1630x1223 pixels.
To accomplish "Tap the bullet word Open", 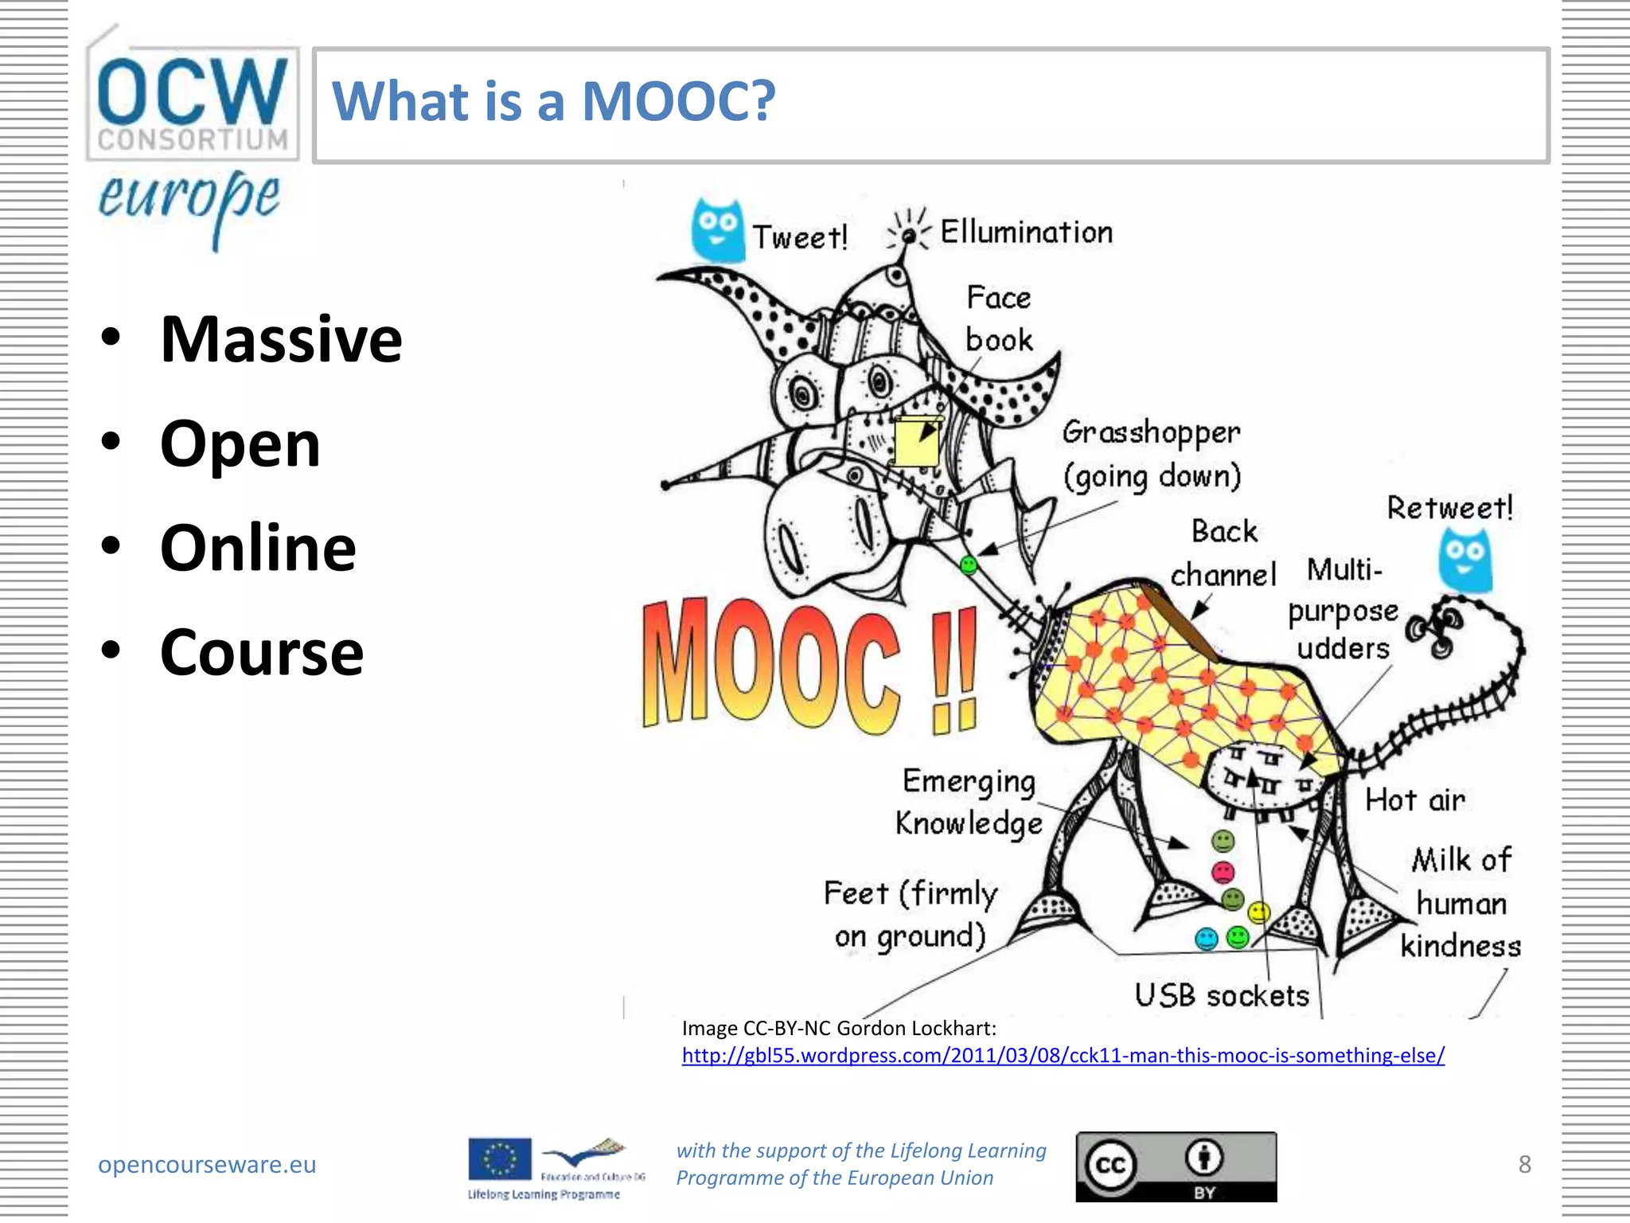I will pos(240,443).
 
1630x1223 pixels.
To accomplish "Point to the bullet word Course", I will pos(262,652).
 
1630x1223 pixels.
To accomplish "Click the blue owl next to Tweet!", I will pos(717,231).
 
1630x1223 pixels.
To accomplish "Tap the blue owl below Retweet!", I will pos(1464,561).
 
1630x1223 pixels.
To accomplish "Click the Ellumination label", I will pos(1027,232).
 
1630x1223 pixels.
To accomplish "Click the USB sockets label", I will pos(1222,995).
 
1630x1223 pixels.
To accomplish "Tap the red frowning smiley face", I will pos(1223,871).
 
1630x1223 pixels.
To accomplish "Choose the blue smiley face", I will pos(1207,940).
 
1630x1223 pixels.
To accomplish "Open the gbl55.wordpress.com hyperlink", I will pos(1063,1056).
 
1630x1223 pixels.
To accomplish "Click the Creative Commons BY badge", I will pos(1176,1166).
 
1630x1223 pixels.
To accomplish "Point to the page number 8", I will pos(1524,1164).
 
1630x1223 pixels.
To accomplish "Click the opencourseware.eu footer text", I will pos(207,1164).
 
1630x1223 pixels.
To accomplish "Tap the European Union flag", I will pos(499,1159).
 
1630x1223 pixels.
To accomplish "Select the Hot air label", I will pos(1414,800).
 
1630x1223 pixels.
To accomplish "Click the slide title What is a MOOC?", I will pos(553,102).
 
